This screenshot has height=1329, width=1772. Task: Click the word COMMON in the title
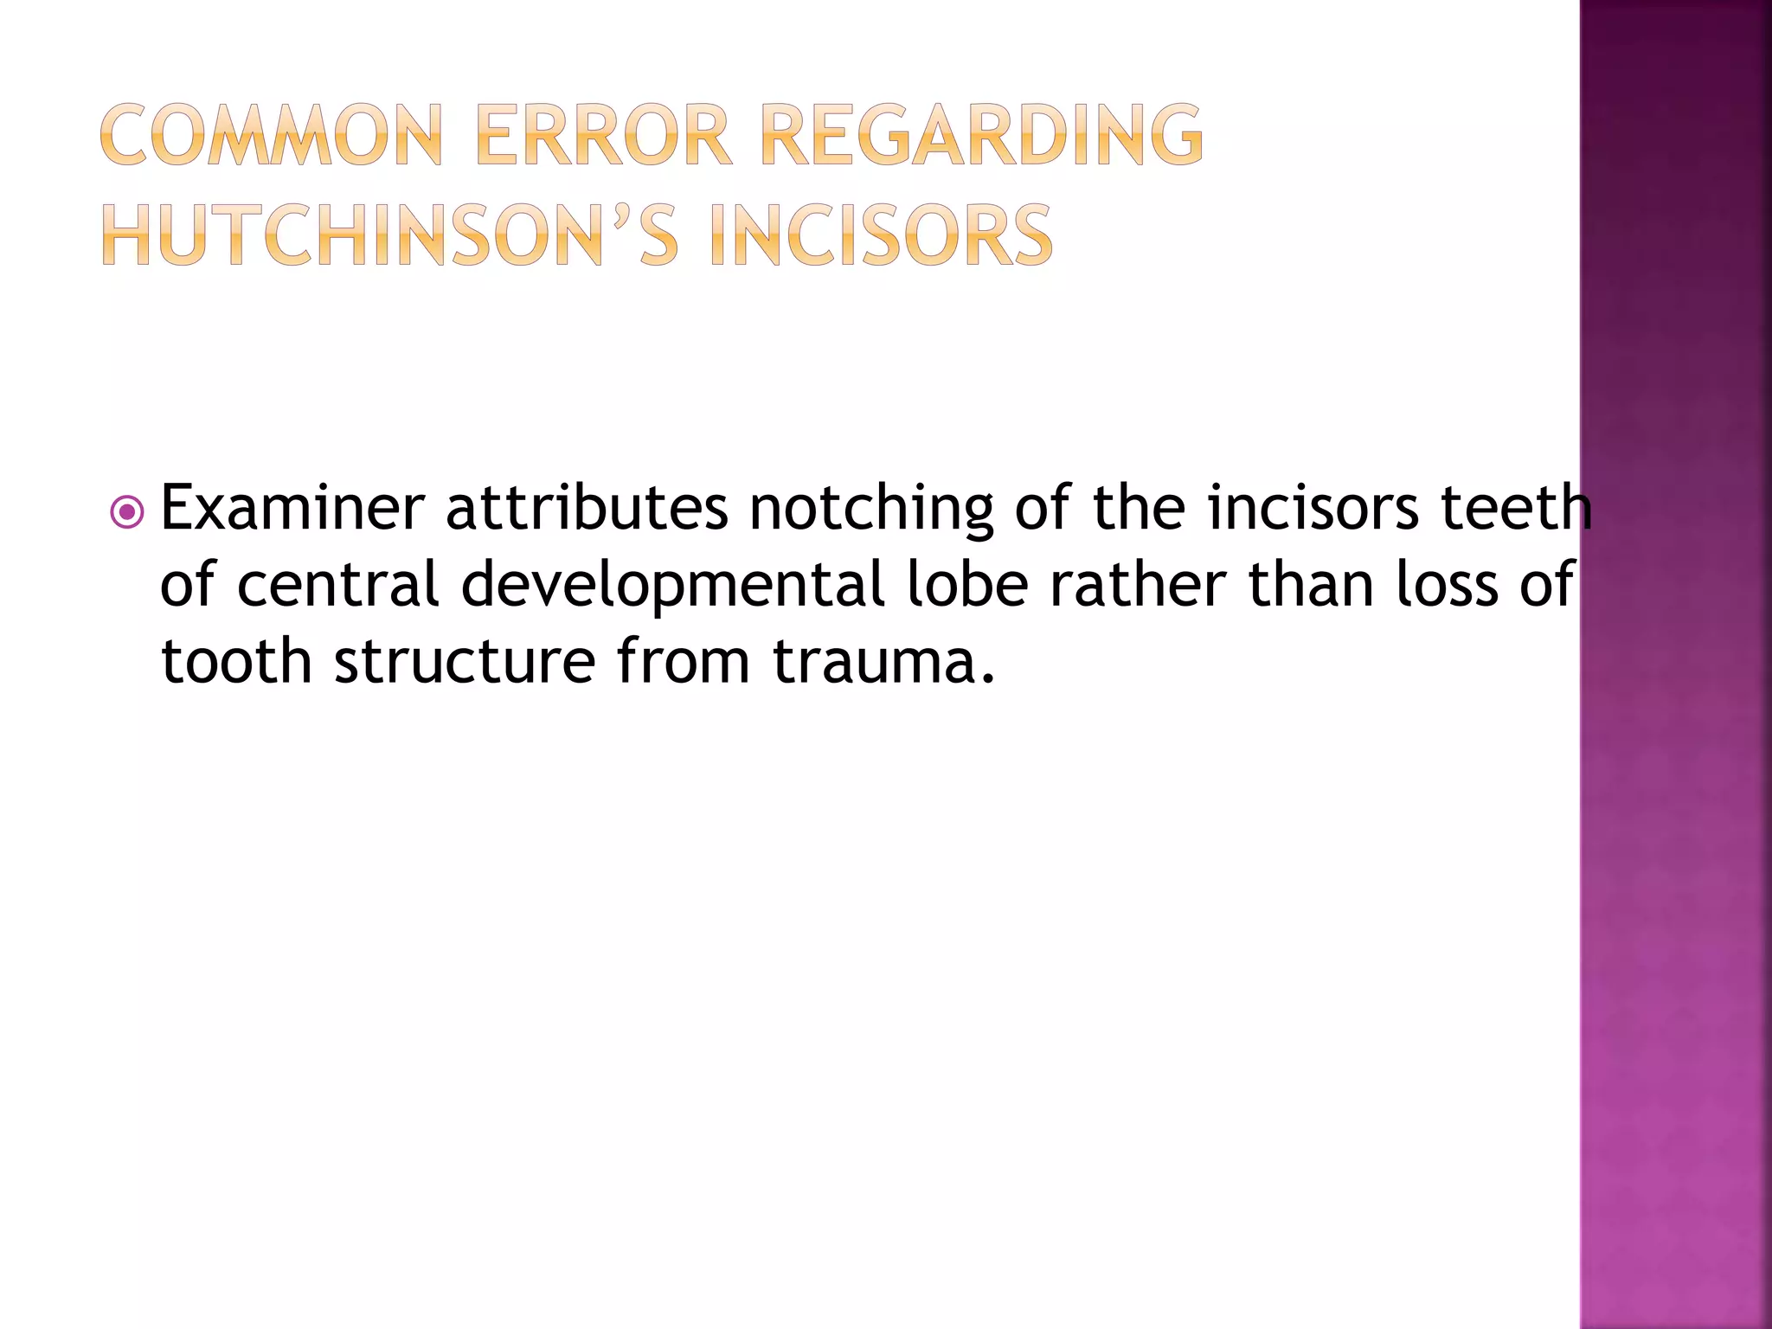(x=271, y=135)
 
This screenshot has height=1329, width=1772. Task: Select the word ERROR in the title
(x=603, y=135)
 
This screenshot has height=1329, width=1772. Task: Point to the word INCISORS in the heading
(x=880, y=235)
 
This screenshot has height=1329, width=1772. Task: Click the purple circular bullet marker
(x=127, y=512)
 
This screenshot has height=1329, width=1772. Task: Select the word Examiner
(x=292, y=509)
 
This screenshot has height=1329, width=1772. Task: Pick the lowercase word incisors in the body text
(x=1313, y=509)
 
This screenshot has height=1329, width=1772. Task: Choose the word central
(x=338, y=585)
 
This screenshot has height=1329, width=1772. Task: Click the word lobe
(x=968, y=585)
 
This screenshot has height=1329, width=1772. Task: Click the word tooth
(x=236, y=662)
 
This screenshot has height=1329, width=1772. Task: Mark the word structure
(x=465, y=662)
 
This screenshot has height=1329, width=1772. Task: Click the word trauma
(x=883, y=662)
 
